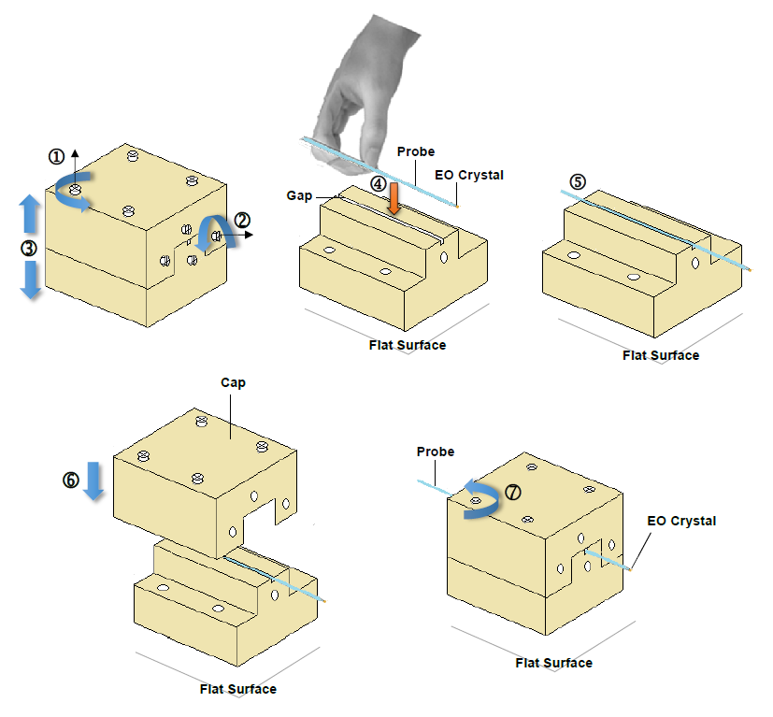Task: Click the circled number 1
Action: pos(57,156)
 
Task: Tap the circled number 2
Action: pos(242,221)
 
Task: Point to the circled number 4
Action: pos(378,184)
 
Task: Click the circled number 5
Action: pos(578,181)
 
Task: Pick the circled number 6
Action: pos(71,480)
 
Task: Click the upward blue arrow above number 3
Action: pos(30,214)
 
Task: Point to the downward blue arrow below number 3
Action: pos(31,280)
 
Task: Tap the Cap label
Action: pos(233,382)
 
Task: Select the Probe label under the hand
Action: pos(416,151)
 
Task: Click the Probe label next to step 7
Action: pos(436,452)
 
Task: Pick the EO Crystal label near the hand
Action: pos(469,174)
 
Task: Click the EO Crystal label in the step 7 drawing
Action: pos(681,521)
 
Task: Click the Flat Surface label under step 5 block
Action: pos(661,355)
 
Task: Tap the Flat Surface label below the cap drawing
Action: pos(238,689)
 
